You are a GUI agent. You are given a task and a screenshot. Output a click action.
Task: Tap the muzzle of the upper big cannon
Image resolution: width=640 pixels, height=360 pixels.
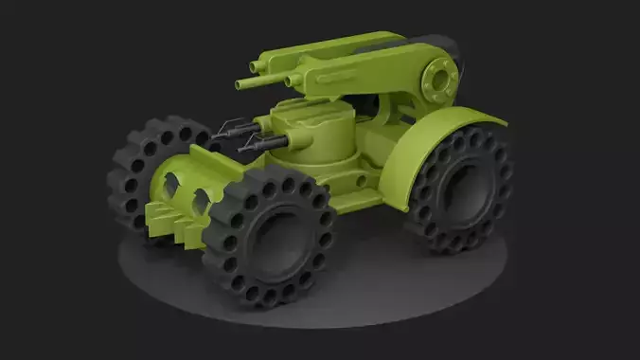[253, 66]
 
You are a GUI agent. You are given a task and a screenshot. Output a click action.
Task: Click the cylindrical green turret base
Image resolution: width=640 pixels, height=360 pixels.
[327, 147]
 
